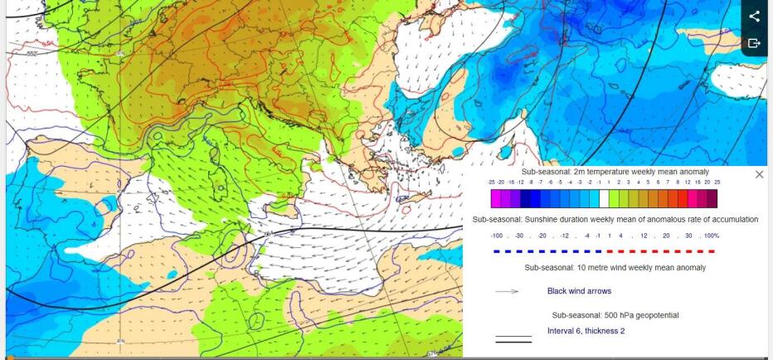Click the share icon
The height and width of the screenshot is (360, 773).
tap(754, 16)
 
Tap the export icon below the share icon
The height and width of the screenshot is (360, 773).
tap(754, 43)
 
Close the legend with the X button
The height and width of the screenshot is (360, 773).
tap(759, 174)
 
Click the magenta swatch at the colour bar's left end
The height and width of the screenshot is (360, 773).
tap(496, 198)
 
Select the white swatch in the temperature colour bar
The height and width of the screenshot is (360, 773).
tap(604, 198)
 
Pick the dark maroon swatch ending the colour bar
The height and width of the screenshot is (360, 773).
tap(712, 198)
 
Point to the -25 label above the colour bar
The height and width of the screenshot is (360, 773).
tap(492, 182)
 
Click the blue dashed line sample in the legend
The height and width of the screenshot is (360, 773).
tap(547, 250)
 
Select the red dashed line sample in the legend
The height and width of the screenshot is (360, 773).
tap(660, 250)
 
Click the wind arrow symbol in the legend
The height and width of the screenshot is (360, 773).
tap(507, 291)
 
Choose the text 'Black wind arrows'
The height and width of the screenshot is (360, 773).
tap(579, 291)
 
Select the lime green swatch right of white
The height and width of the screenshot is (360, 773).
tap(615, 198)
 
